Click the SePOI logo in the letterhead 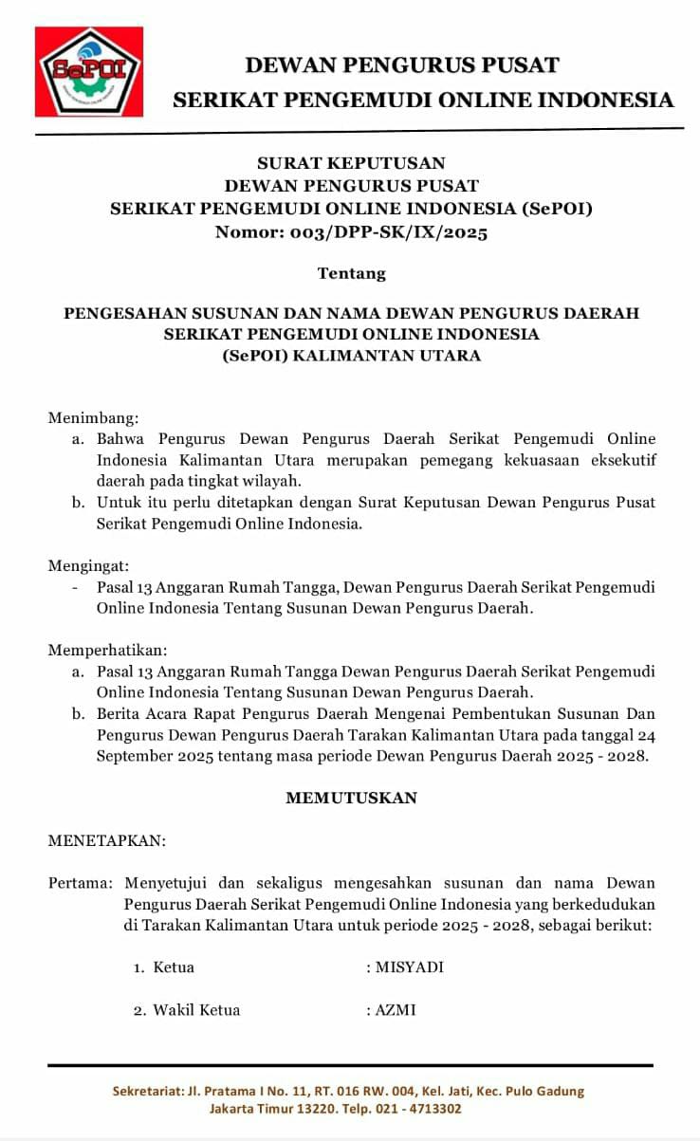(89, 71)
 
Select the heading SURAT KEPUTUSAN (351, 163)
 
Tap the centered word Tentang (352, 273)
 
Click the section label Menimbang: (93, 417)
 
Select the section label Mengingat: (89, 566)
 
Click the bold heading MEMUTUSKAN (351, 798)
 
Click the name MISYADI (410, 967)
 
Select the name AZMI (396, 1010)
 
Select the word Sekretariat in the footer (146, 1091)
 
